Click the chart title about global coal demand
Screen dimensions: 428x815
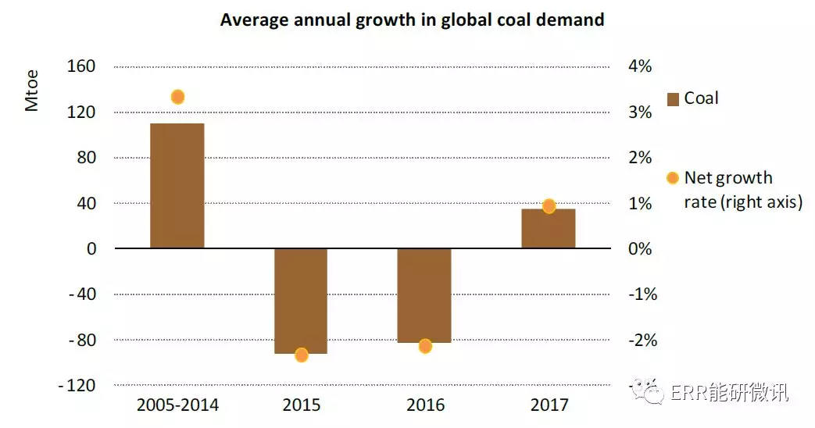[x=412, y=20]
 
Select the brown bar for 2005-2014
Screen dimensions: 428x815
[x=177, y=186]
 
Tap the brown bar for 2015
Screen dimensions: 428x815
[x=301, y=301]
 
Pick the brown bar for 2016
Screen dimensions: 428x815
[x=424, y=295]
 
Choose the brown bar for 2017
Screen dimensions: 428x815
[x=549, y=229]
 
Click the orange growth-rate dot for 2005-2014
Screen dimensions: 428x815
[x=177, y=97]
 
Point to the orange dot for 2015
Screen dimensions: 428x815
[x=302, y=355]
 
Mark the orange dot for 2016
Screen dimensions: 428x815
[x=425, y=346]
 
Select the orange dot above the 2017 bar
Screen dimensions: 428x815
[x=549, y=206]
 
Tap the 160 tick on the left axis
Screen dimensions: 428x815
[x=81, y=66]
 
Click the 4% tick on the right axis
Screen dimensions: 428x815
[x=639, y=66]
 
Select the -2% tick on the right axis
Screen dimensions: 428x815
[x=642, y=341]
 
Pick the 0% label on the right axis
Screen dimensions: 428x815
[x=639, y=249]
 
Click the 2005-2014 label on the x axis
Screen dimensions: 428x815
[x=177, y=405]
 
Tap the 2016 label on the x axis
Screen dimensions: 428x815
[x=425, y=405]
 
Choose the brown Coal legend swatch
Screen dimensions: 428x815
[x=672, y=99]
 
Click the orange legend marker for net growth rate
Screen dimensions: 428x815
[x=672, y=178]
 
